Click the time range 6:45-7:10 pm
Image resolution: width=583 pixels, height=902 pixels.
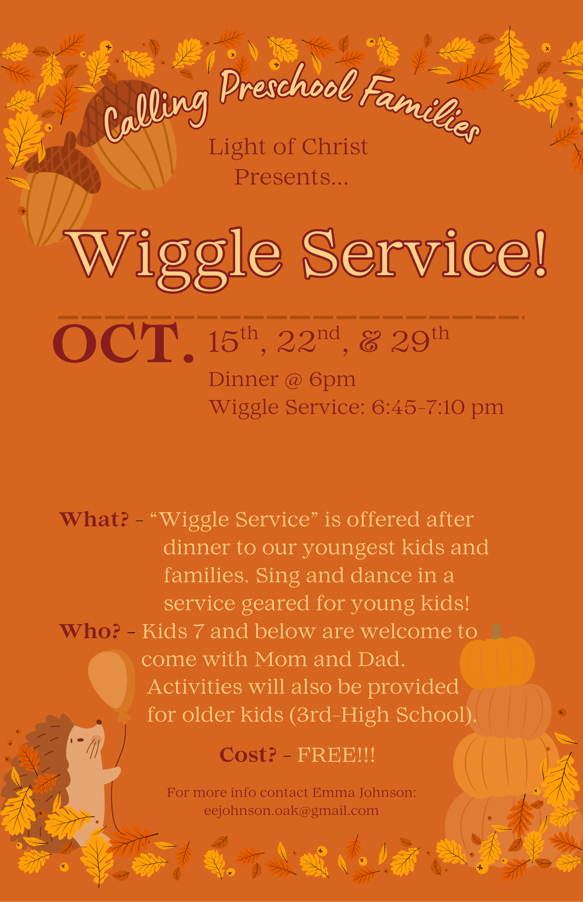click(x=437, y=408)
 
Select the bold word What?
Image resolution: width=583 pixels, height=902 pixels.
click(x=94, y=520)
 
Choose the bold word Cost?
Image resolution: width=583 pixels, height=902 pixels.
click(x=248, y=755)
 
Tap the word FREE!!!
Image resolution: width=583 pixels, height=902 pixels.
click(x=336, y=755)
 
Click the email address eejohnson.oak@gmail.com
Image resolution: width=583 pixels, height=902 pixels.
click(x=291, y=810)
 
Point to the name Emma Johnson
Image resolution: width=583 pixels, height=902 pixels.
click(x=364, y=792)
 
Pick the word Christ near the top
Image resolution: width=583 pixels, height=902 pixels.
click(x=335, y=147)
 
